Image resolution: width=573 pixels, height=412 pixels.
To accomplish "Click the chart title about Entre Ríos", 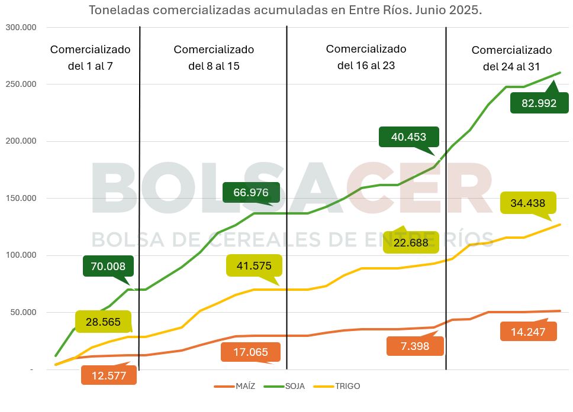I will point(285,10).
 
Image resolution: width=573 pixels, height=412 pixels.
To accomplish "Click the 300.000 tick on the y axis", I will point(21,27).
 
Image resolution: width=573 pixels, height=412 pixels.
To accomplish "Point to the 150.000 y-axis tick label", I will point(21,199).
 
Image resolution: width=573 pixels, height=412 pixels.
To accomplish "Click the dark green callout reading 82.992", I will point(539,103).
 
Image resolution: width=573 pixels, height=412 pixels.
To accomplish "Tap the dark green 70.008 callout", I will point(108,267).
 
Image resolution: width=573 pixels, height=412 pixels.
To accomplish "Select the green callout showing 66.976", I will point(251,193).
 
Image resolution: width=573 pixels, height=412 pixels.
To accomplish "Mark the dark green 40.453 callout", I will point(408,137).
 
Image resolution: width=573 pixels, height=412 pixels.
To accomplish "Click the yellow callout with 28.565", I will point(103,322).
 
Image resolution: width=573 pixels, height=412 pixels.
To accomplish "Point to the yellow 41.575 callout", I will point(253,266).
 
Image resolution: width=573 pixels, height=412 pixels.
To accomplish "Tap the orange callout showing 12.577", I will point(109,375).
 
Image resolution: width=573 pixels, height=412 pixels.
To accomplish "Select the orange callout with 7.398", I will point(414,346).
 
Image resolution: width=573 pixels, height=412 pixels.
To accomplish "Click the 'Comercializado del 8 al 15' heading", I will point(214,57).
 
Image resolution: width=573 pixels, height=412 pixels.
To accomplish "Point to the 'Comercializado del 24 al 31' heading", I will point(511,59).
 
